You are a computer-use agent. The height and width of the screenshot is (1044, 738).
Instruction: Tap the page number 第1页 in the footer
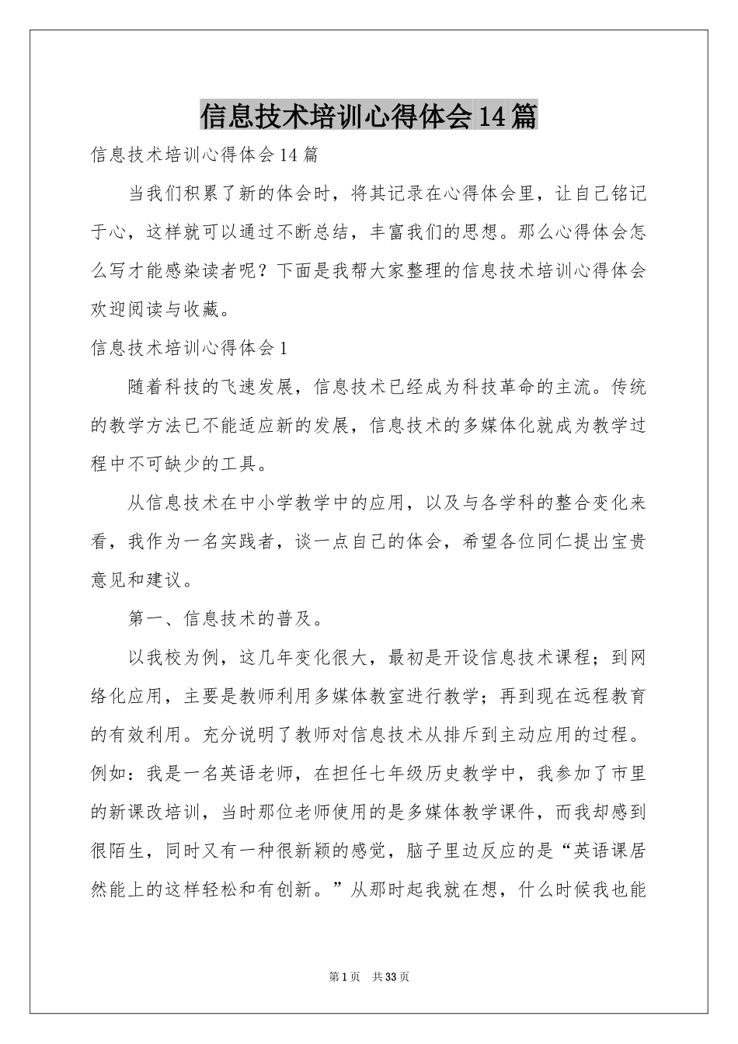pyautogui.click(x=344, y=976)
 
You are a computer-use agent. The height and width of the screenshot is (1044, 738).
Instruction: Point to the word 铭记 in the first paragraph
pyautogui.click(x=628, y=193)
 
